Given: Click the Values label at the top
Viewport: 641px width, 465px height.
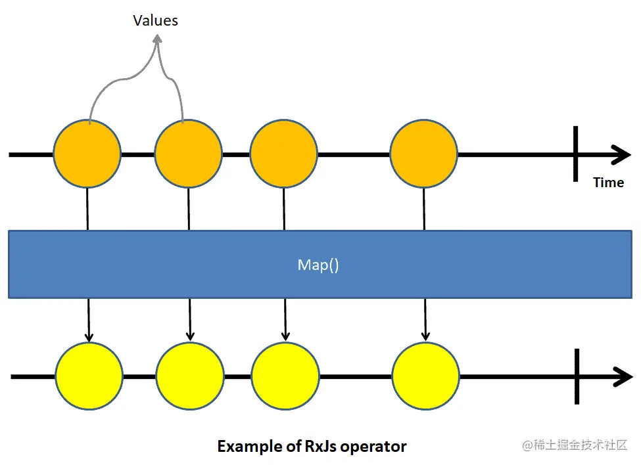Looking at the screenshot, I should [x=155, y=20].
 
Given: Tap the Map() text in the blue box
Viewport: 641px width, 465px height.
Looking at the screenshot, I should [x=318, y=265].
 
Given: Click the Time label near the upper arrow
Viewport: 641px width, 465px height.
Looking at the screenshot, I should [x=608, y=183].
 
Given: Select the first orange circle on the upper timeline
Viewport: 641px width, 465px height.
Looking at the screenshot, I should [x=87, y=154].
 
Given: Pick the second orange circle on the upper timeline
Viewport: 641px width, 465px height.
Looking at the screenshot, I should [x=188, y=154].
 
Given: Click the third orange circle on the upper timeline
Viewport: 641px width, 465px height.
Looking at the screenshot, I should [x=283, y=154].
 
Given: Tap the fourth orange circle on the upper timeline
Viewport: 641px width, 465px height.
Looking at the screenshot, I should [x=423, y=154].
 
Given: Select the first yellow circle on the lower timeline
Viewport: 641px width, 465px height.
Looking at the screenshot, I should [x=89, y=376].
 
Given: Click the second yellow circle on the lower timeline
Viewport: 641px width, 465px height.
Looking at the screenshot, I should [x=190, y=376].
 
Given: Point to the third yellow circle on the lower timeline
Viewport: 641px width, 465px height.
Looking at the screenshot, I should [x=285, y=376].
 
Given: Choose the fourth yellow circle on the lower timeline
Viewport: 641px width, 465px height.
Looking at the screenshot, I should [x=425, y=376].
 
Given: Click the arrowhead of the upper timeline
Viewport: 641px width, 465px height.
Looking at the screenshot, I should [x=622, y=155].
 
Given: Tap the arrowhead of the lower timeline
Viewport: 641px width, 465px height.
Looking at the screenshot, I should [x=623, y=377].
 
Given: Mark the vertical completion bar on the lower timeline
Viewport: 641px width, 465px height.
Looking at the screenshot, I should [x=577, y=376].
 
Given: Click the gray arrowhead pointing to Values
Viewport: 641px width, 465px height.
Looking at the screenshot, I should [x=156, y=40].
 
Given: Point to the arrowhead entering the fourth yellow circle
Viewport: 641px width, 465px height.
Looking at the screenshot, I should [x=425, y=336].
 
